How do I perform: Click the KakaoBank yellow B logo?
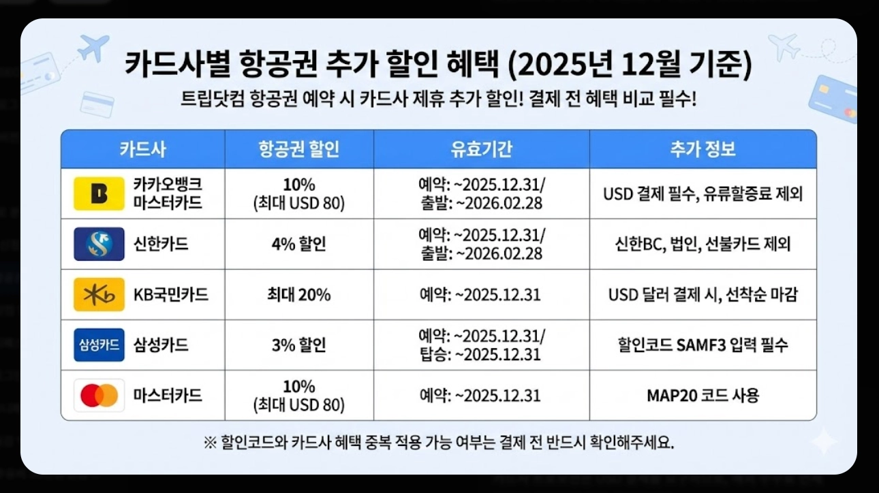(x=99, y=193)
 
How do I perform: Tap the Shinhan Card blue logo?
(x=99, y=244)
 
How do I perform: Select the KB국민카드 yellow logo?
(x=99, y=295)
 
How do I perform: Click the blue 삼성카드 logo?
(x=99, y=345)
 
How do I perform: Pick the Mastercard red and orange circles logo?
(x=99, y=396)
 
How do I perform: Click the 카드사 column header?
(x=142, y=149)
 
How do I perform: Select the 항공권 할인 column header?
(x=298, y=149)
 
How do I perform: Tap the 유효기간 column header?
(x=481, y=149)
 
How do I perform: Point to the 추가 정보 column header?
(x=703, y=149)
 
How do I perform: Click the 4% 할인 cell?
(x=298, y=244)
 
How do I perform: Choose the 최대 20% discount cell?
(x=298, y=295)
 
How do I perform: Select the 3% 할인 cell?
(x=298, y=345)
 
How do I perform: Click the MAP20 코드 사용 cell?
(x=703, y=396)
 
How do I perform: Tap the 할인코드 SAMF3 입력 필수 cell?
(x=703, y=345)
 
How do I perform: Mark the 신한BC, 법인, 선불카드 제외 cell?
(x=703, y=244)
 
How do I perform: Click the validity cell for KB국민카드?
(x=481, y=295)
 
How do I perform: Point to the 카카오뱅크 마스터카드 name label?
(x=168, y=193)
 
